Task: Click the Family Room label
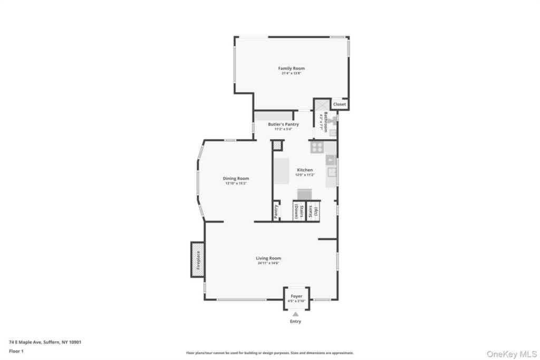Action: coord(292,69)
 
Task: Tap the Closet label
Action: coord(340,104)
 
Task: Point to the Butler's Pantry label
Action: coord(283,124)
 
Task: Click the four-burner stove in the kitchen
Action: coord(317,147)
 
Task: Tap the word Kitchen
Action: coord(305,170)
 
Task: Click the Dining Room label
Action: coord(236,178)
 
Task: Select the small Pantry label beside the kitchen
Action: coord(276,212)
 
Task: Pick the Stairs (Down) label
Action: coord(298,211)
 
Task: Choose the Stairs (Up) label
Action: coord(314,211)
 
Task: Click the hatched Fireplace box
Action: coord(198,259)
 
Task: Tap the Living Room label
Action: coord(268,258)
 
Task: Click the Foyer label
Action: coord(296,296)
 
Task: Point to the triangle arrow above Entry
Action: coord(296,314)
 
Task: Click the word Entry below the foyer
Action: coord(296,322)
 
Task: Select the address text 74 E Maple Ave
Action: coord(45,342)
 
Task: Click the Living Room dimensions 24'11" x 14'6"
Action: coord(268,263)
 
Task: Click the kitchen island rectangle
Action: coord(281,171)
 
